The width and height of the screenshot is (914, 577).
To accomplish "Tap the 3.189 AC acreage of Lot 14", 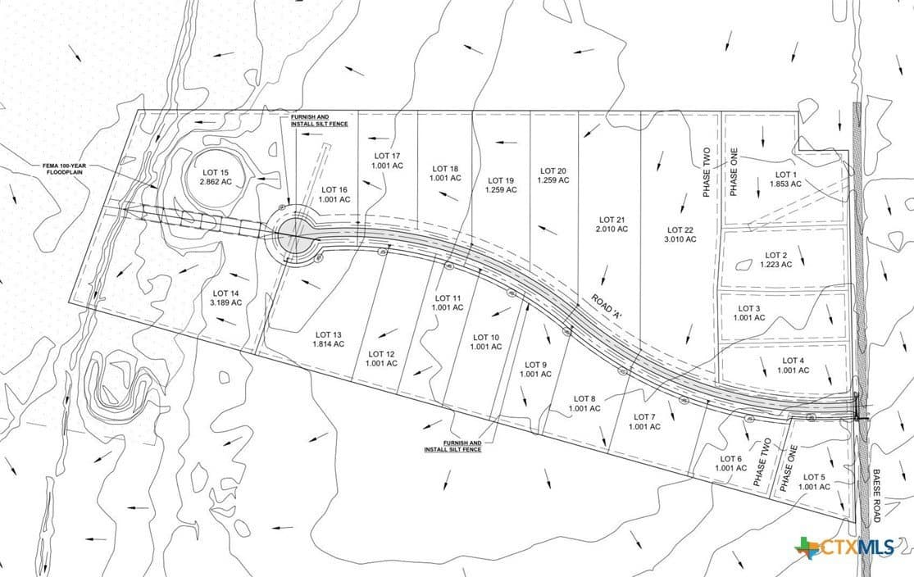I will (x=227, y=302).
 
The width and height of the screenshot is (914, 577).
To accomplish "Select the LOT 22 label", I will (x=680, y=229).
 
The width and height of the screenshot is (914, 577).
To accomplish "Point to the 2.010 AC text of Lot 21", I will (x=612, y=229).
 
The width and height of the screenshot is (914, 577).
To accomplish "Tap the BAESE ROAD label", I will (x=875, y=496).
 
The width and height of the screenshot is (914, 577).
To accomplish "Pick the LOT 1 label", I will (x=784, y=175).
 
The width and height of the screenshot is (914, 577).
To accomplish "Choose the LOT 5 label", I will (x=814, y=477).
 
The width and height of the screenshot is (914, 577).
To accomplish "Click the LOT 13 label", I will (x=328, y=334).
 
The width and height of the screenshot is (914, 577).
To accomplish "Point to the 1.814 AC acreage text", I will (x=328, y=344).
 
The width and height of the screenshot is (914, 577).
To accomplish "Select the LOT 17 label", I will (x=387, y=156).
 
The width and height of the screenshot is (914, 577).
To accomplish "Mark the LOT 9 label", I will (x=535, y=365).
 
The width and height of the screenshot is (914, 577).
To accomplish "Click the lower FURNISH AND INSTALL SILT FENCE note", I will (x=452, y=446).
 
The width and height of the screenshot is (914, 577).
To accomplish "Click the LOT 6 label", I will (x=730, y=459).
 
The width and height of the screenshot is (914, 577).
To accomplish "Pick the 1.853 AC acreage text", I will (x=784, y=184).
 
